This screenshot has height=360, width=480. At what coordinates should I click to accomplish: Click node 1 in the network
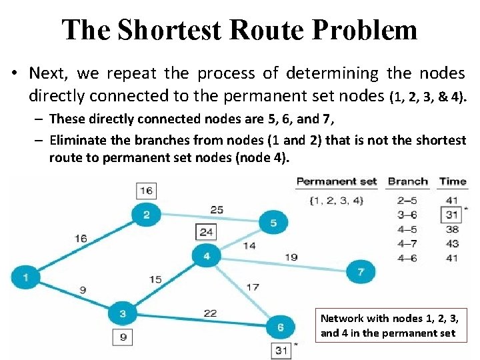coord(26,277)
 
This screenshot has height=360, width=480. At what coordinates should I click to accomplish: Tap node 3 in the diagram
coord(123,313)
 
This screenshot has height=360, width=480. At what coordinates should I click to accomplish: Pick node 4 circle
coord(207,256)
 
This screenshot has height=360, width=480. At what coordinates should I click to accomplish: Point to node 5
coord(273,223)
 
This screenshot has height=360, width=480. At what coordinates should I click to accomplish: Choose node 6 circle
coord(280,327)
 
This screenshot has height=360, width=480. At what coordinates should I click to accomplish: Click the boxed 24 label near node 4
coord(207,232)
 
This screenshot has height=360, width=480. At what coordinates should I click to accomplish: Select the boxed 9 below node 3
coord(123,337)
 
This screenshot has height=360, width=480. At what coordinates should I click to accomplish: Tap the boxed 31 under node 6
coord(280,350)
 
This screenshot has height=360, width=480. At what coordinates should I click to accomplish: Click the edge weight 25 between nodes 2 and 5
coord(216,210)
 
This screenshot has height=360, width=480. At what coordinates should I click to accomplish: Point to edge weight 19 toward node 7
coord(291,257)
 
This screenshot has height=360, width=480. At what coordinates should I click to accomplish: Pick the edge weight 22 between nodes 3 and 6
coord(210,313)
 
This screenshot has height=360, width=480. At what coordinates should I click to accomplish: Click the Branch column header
coord(408,181)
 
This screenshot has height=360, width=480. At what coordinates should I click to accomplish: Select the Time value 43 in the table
coord(452,244)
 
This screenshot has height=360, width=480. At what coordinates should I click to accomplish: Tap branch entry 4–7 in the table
coord(407,244)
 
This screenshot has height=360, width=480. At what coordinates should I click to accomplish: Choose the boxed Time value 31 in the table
coord(452,215)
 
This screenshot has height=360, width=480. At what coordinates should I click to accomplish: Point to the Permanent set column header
coord(337,181)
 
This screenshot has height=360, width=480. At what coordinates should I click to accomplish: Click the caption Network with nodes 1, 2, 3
coord(389,319)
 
